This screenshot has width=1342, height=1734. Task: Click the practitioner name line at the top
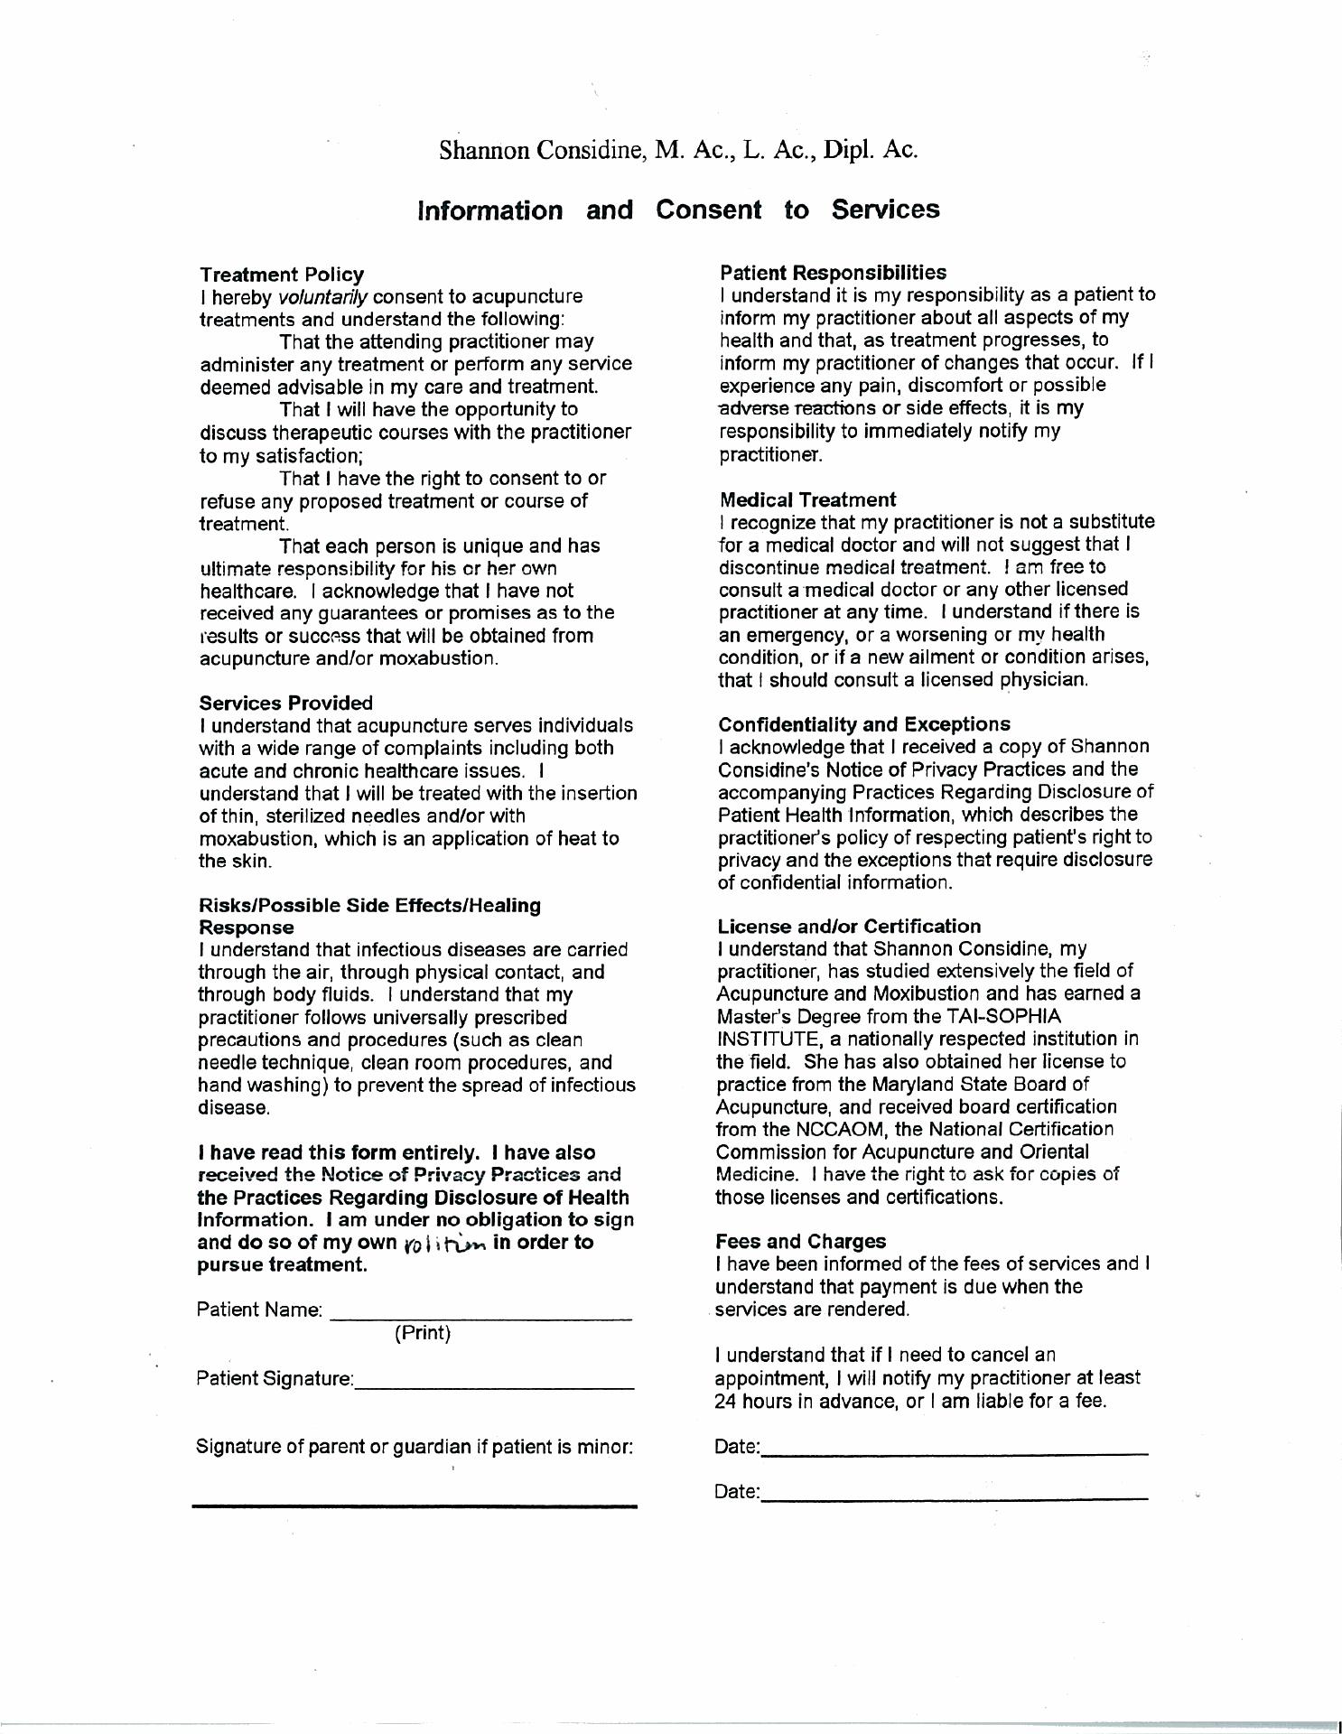(678, 150)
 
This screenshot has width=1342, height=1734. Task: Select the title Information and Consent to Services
(678, 210)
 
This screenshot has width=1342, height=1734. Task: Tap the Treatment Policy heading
(282, 275)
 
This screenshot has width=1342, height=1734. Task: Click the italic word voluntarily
(322, 297)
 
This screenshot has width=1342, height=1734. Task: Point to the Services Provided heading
(285, 703)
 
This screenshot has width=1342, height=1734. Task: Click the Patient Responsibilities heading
(834, 272)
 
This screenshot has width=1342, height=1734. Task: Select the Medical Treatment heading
(808, 499)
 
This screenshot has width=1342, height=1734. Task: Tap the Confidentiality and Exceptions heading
(864, 724)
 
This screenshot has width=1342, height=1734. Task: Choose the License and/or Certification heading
(849, 927)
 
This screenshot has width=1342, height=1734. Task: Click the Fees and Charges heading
(801, 1242)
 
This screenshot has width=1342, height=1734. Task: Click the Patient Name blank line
(480, 1319)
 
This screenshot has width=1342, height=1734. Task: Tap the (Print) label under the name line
(423, 1333)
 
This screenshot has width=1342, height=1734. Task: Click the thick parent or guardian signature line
(415, 1506)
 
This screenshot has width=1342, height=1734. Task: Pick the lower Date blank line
(955, 1499)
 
